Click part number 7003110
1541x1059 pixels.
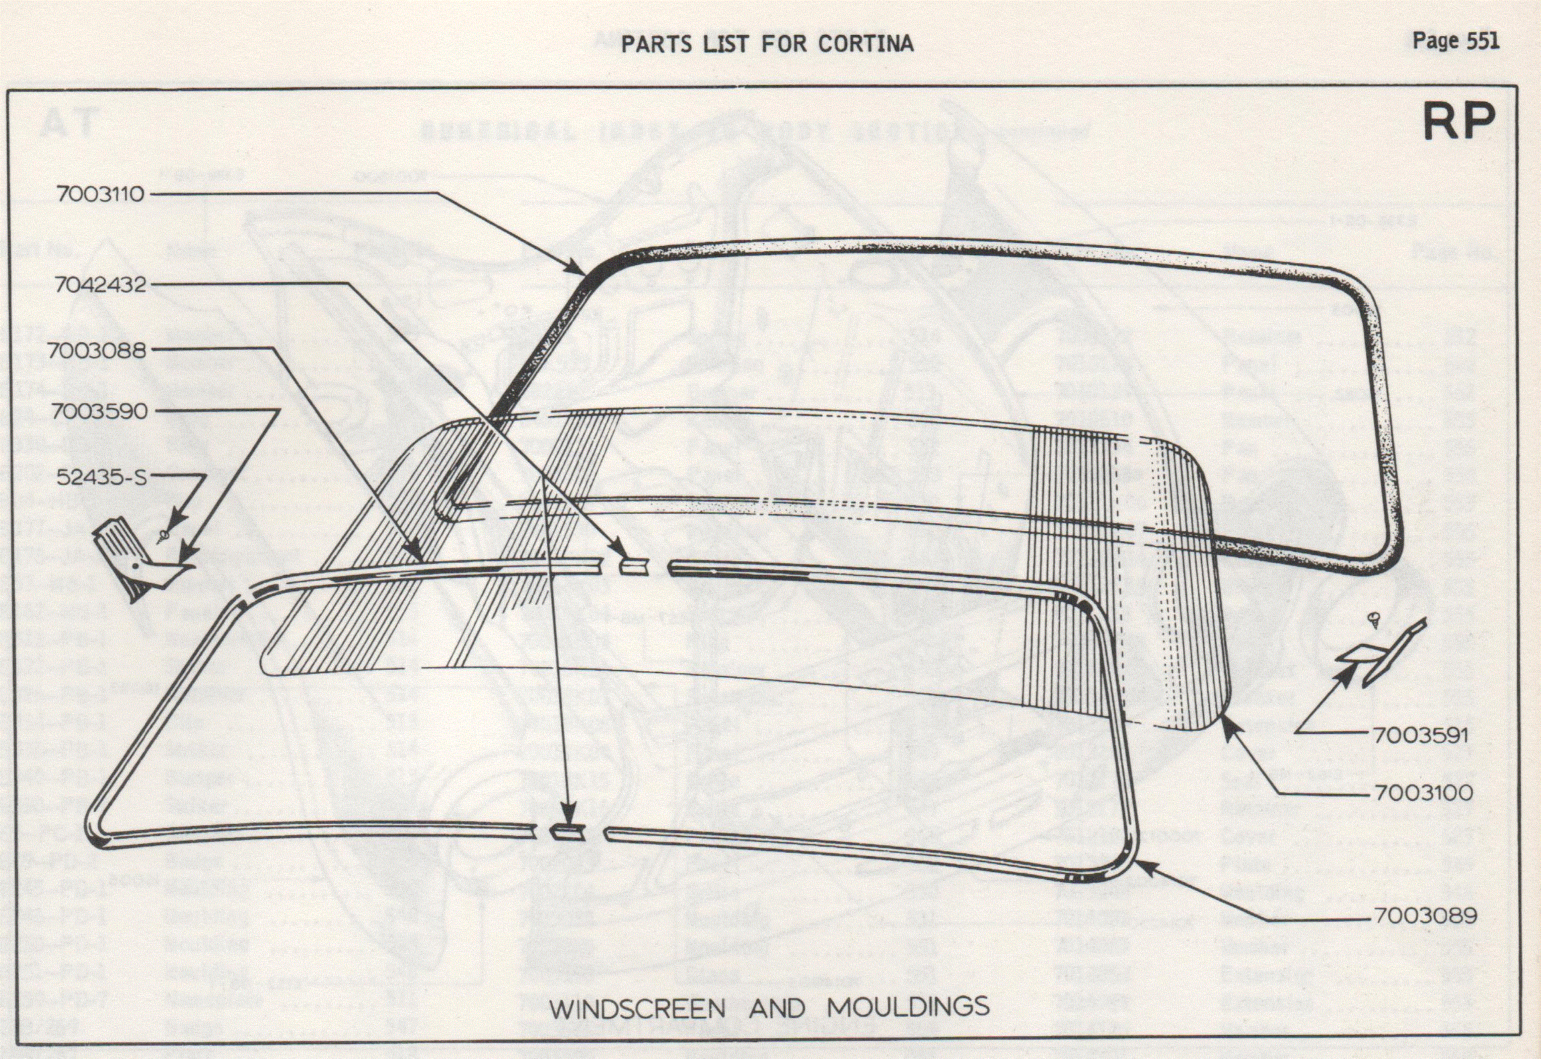pyautogui.click(x=100, y=194)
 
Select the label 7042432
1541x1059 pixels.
pyautogui.click(x=100, y=285)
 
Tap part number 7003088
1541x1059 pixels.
pyautogui.click(x=96, y=350)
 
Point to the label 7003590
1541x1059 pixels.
pyautogui.click(x=99, y=411)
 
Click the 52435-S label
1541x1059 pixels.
pyautogui.click(x=101, y=477)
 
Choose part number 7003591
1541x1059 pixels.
pyautogui.click(x=1420, y=735)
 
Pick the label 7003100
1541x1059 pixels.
pyautogui.click(x=1423, y=793)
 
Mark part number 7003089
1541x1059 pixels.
pyautogui.click(x=1425, y=916)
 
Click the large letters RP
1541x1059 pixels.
pyautogui.click(x=1458, y=122)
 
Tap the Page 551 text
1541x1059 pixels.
pyautogui.click(x=1455, y=41)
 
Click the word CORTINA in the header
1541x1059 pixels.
pyautogui.click(x=865, y=44)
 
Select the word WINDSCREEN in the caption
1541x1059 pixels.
pyautogui.click(x=637, y=1009)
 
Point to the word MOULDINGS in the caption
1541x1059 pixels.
pyautogui.click(x=908, y=1007)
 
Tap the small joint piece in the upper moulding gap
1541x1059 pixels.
pyautogui.click(x=633, y=567)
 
